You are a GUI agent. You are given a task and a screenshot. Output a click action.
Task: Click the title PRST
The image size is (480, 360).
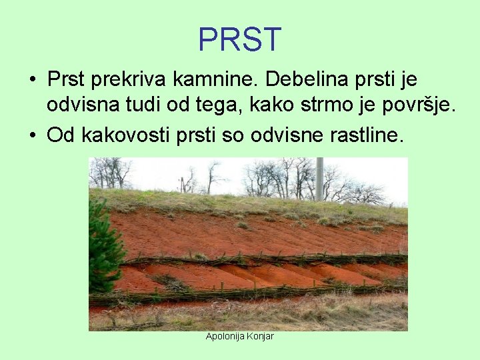click(240, 39)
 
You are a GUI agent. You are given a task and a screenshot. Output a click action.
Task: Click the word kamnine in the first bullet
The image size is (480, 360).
click(216, 80)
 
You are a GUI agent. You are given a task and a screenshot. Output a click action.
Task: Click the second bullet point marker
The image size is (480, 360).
click(32, 136)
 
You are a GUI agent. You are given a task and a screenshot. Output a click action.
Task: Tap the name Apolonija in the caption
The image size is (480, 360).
click(225, 336)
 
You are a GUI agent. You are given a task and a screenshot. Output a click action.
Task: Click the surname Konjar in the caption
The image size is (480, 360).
click(260, 336)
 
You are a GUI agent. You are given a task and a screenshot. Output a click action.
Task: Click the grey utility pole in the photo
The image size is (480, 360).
click(319, 178)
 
